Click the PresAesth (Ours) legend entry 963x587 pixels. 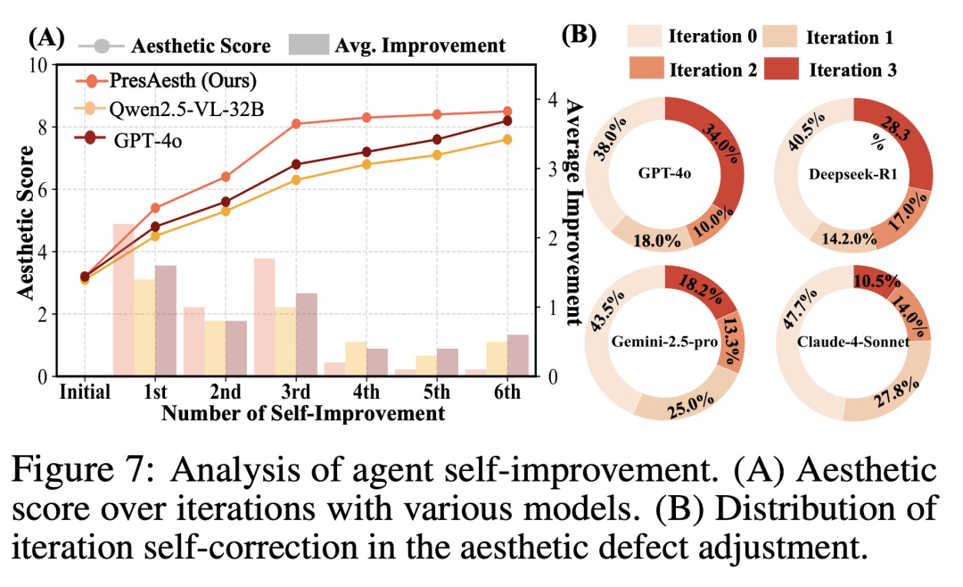click(184, 81)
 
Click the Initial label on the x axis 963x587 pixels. click(84, 392)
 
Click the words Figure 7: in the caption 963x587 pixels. click(86, 468)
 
